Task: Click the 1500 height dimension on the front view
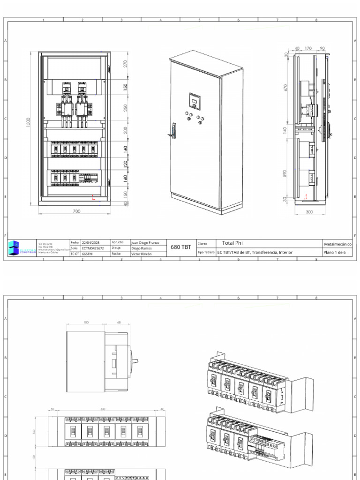point(28,123)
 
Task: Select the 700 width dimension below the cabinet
point(77,211)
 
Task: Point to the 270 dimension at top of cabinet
point(125,64)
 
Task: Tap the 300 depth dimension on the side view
point(309,212)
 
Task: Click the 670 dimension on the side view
point(285,88)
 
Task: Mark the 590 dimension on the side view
point(285,173)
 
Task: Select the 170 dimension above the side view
point(308,48)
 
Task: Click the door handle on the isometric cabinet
point(174,130)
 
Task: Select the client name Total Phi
point(231,243)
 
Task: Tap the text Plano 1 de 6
point(335,252)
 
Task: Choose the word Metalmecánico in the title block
point(337,244)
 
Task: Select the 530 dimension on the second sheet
point(103,409)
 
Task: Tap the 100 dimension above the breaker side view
point(86,322)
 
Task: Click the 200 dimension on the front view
point(125,130)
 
